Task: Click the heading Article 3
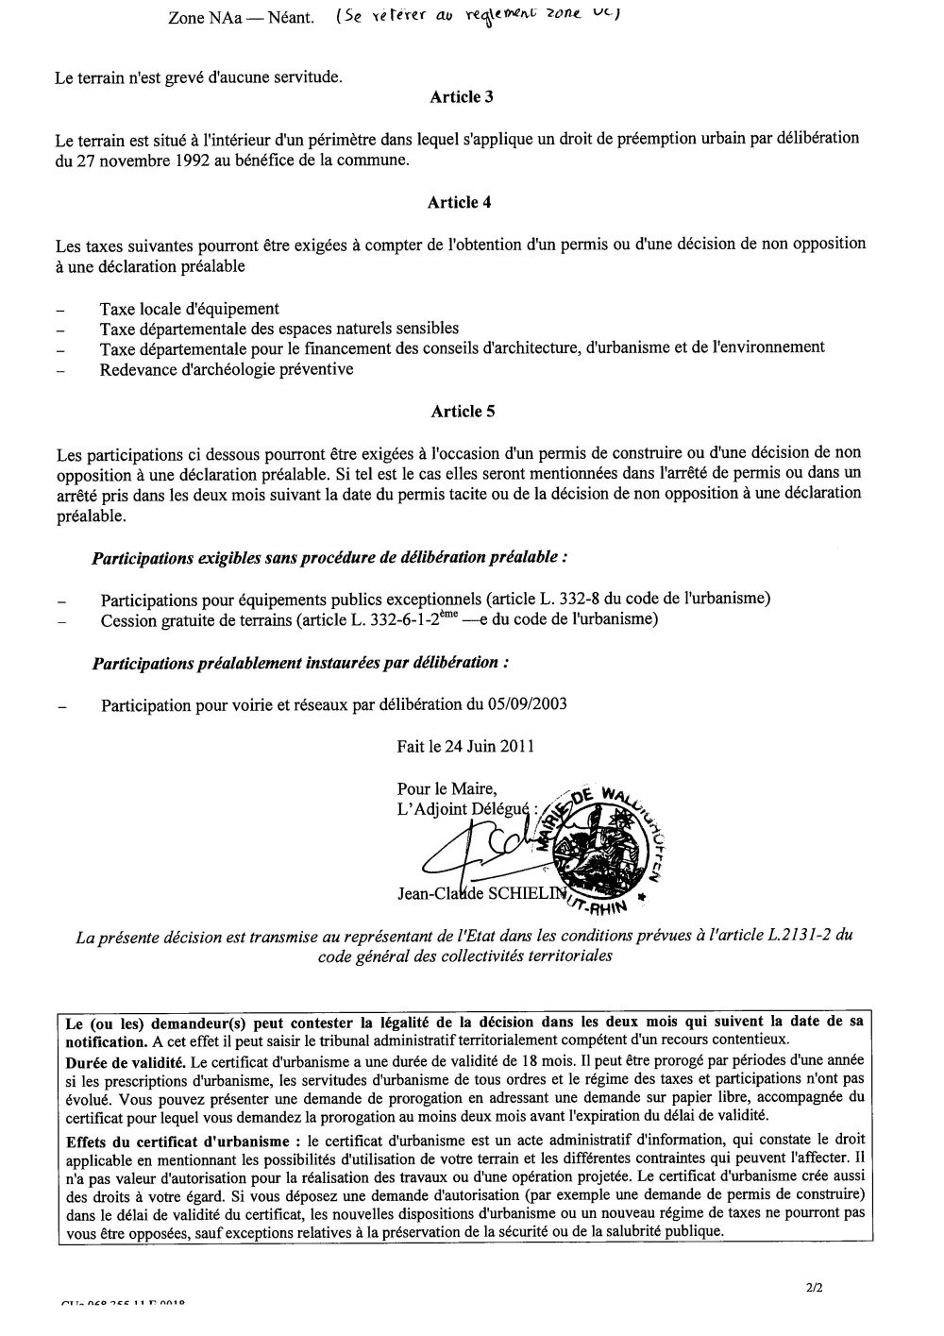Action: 462,96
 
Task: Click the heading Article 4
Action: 460,202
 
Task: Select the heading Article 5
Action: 463,411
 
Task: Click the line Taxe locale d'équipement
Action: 189,309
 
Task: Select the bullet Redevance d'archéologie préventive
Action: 227,369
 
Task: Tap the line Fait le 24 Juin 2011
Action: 465,746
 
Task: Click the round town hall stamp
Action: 604,846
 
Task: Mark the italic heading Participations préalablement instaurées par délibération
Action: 300,663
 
